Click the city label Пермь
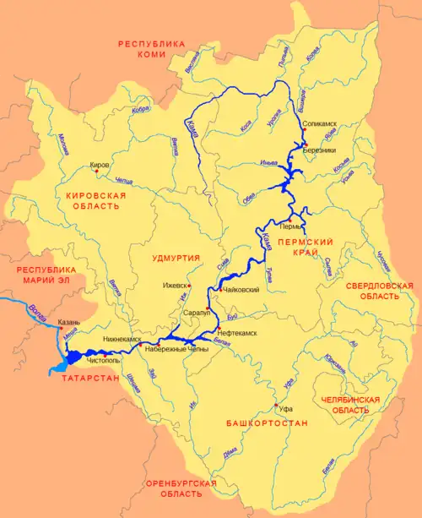(x=290, y=227)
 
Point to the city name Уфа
(x=285, y=406)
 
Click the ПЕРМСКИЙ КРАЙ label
(x=312, y=249)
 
